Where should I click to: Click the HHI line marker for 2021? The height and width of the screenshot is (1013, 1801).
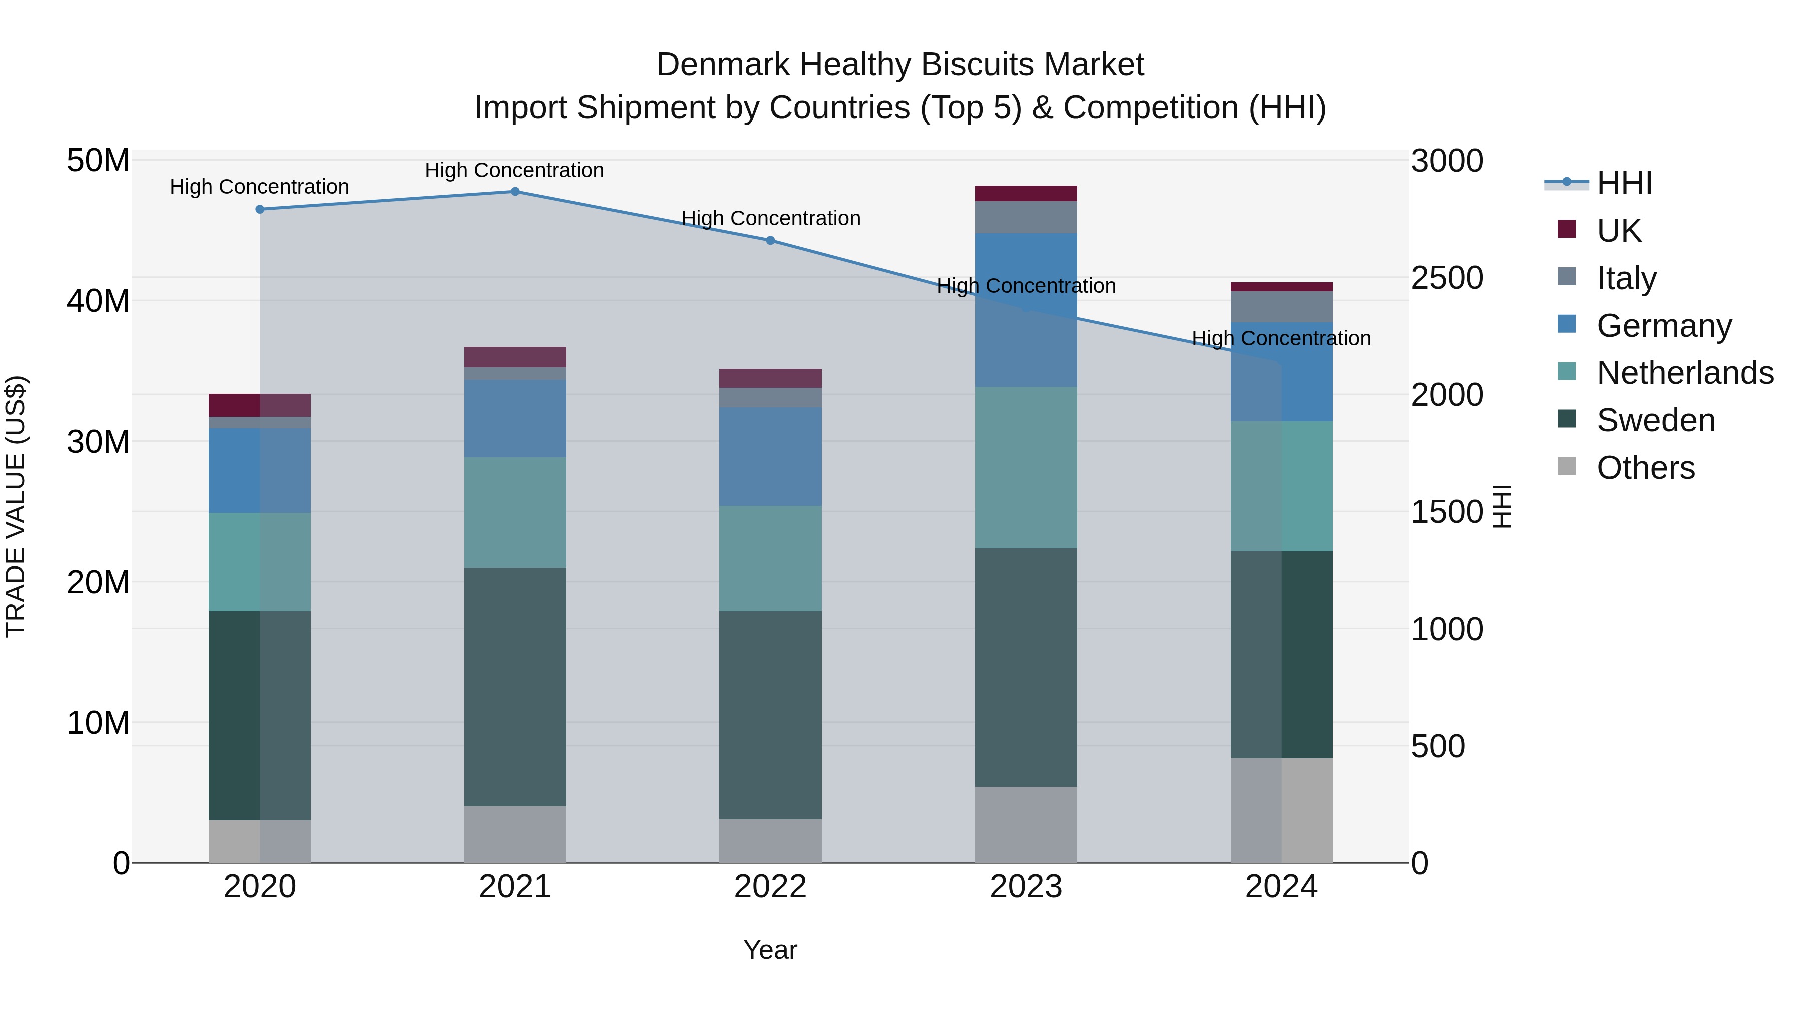(515, 191)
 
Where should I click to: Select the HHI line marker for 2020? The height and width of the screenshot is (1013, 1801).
(259, 209)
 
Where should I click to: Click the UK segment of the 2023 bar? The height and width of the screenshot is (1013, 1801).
(1026, 193)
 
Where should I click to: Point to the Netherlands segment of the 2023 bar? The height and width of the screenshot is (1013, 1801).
(1026, 467)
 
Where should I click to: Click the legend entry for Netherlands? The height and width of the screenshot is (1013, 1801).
(1685, 373)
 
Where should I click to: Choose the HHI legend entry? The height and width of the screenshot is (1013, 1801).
(1624, 183)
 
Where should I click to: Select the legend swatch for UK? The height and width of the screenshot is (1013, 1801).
(1567, 229)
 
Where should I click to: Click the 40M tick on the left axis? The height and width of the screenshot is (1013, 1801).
(99, 301)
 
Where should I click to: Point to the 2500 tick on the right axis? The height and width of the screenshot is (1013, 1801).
(1446, 278)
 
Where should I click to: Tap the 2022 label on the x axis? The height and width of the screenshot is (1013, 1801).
(770, 887)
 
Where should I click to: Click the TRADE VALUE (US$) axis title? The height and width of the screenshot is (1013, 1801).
(16, 506)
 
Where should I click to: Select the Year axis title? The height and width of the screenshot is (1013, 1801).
(770, 950)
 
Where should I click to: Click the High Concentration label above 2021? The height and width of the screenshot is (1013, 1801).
(515, 170)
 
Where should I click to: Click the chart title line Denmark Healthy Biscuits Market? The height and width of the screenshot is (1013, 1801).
(900, 65)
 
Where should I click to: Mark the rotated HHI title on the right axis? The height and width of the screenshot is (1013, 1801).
(1502, 506)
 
